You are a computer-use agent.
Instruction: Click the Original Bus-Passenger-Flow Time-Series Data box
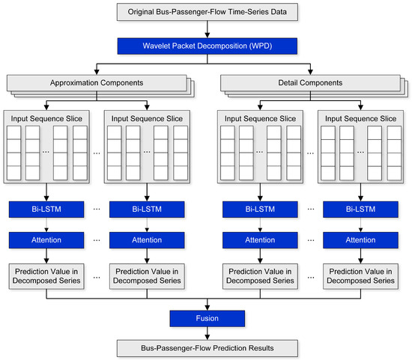click(206, 12)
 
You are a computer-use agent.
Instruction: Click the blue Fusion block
click(206, 318)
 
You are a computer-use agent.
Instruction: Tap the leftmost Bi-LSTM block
click(46, 210)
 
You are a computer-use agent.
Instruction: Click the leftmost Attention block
click(46, 240)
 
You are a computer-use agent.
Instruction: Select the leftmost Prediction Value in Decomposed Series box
click(46, 275)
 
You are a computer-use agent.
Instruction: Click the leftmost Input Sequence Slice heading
click(46, 118)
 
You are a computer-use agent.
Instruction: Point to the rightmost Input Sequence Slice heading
click(357, 118)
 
